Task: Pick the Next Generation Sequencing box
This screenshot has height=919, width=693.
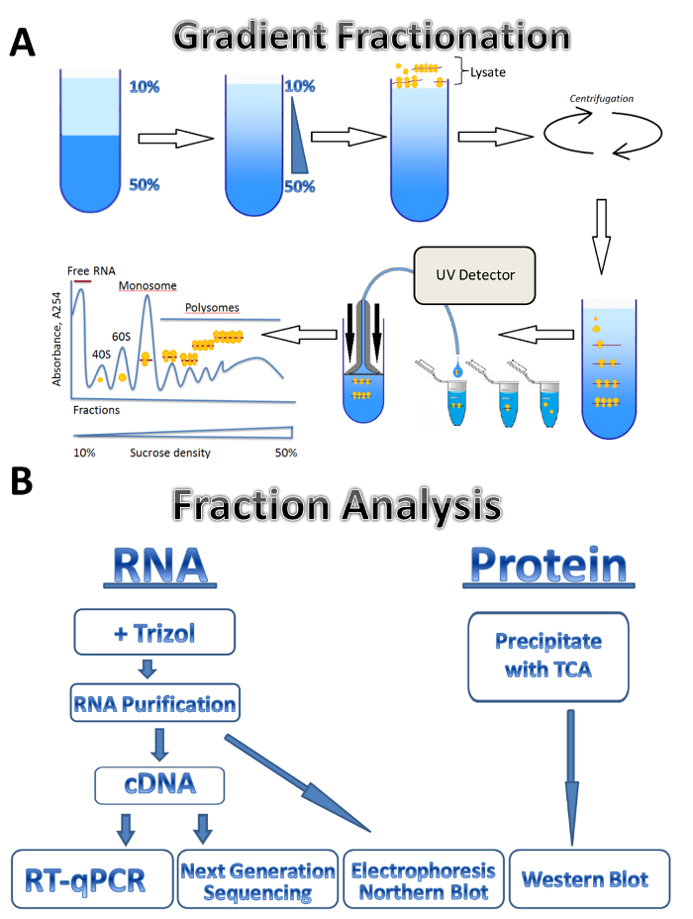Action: point(257,878)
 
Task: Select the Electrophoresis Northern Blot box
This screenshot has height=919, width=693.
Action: point(423,878)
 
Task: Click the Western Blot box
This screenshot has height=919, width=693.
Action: point(585,878)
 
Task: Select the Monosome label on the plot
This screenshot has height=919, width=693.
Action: point(148,285)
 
